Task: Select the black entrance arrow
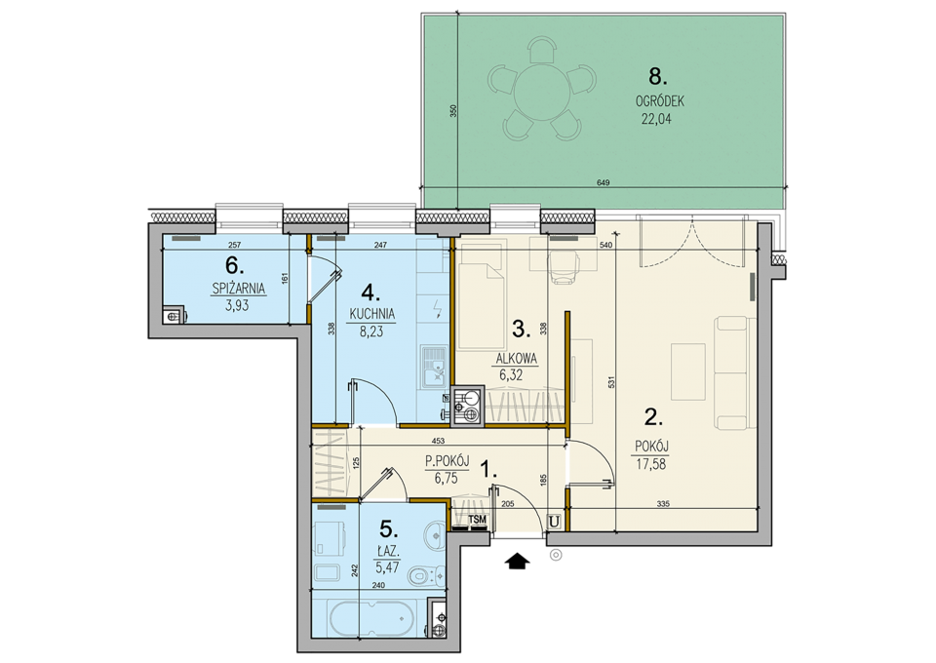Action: coord(517,561)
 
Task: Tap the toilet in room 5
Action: coord(426,574)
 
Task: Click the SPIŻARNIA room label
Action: coord(239,289)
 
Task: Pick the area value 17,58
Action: coord(650,464)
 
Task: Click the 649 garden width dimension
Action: coord(603,182)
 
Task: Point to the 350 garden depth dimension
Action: coord(453,111)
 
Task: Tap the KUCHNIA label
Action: coord(371,314)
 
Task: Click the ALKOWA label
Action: coord(518,359)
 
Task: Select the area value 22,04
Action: coord(656,119)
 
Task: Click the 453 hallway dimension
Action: coord(438,442)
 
